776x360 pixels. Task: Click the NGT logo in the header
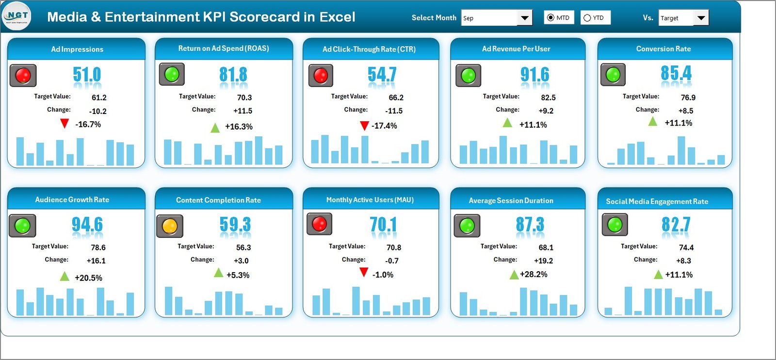pyautogui.click(x=16, y=16)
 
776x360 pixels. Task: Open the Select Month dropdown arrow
pyautogui.click(x=524, y=18)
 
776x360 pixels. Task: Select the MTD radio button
pyautogui.click(x=550, y=18)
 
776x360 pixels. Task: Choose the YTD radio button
pyautogui.click(x=587, y=18)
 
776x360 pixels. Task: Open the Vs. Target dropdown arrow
pyautogui.click(x=701, y=18)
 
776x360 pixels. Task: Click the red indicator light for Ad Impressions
pyautogui.click(x=23, y=76)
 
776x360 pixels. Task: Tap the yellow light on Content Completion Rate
pyautogui.click(x=170, y=226)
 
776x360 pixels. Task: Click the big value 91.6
pyautogui.click(x=534, y=75)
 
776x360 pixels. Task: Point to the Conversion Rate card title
pyautogui.click(x=663, y=49)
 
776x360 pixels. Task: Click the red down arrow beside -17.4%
pyautogui.click(x=364, y=126)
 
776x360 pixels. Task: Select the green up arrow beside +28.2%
pyautogui.click(x=514, y=275)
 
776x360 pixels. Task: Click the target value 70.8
pyautogui.click(x=393, y=248)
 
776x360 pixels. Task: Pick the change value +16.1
pyautogui.click(x=96, y=261)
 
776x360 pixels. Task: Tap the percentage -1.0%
pyautogui.click(x=383, y=275)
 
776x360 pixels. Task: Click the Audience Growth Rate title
pyautogui.click(x=72, y=200)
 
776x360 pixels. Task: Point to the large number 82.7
pyautogui.click(x=676, y=225)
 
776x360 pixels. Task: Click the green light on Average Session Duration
pyautogui.click(x=467, y=226)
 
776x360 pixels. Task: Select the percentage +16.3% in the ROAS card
pyautogui.click(x=239, y=127)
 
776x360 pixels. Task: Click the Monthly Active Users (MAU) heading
pyautogui.click(x=370, y=200)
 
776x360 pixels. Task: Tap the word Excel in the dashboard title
pyautogui.click(x=337, y=17)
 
